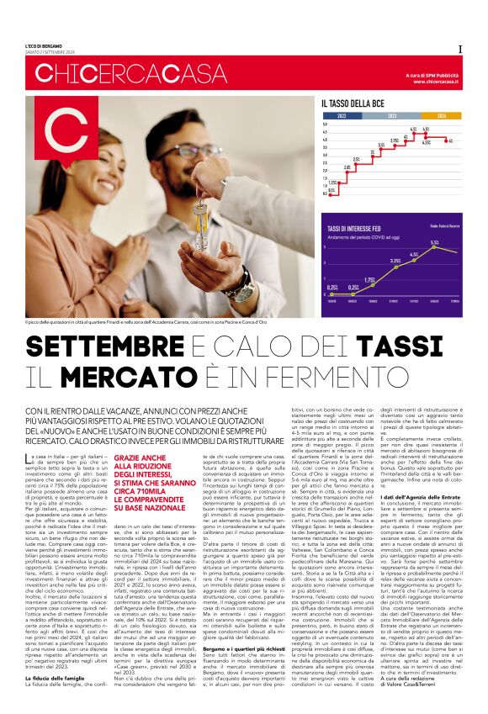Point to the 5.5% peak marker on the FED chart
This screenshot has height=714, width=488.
(x=434, y=250)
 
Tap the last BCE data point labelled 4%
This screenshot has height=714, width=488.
(x=449, y=140)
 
